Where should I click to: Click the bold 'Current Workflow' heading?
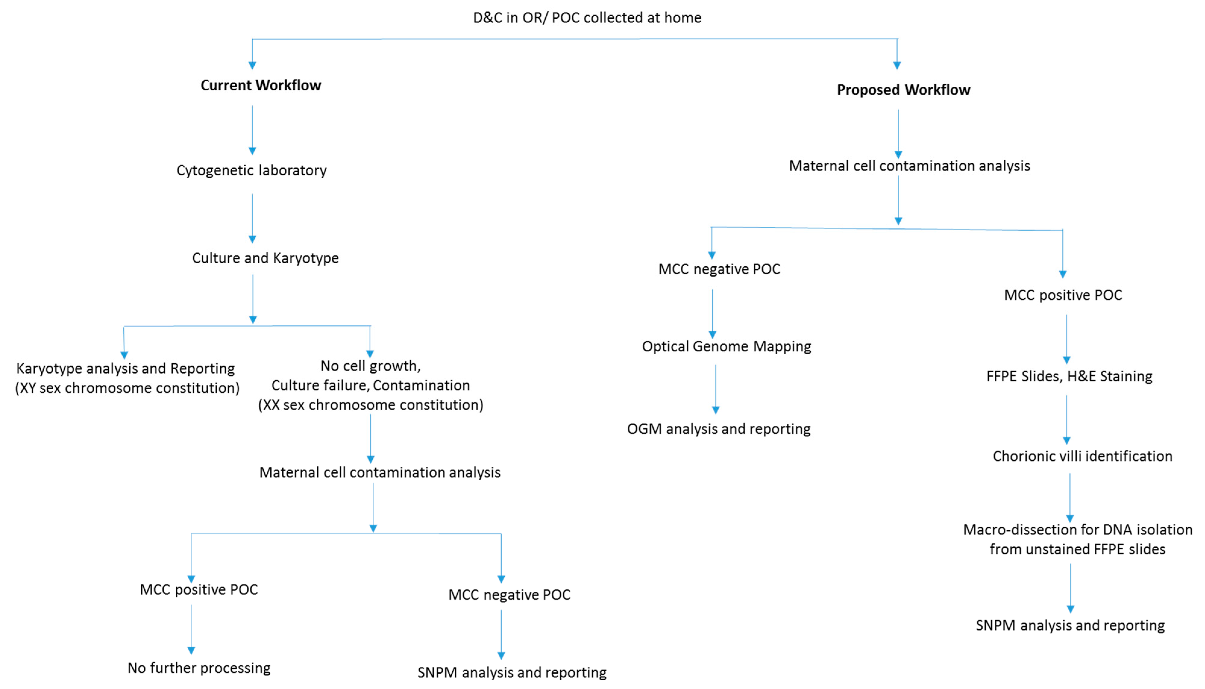point(261,85)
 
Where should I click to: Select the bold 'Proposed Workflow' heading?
point(903,90)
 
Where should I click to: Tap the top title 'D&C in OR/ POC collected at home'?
point(587,17)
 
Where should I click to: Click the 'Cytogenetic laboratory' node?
point(251,170)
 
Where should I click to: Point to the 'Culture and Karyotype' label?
point(265,258)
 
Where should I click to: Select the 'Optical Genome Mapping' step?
point(726,346)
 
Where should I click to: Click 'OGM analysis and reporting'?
point(718,429)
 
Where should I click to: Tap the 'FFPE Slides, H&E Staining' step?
point(1069,376)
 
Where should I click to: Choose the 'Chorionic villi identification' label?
point(1082,456)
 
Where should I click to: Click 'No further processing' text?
point(199,668)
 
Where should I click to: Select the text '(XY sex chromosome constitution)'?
point(127,388)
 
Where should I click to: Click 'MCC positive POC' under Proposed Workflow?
point(1062,295)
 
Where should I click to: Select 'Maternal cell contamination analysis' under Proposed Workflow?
point(909,166)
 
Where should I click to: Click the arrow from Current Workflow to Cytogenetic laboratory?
point(252,129)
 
